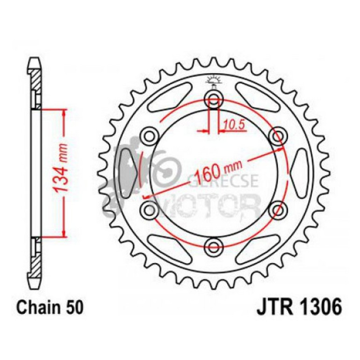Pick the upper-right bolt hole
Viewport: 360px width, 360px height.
[x=279, y=136]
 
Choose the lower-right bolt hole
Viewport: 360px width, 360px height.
[x=279, y=209]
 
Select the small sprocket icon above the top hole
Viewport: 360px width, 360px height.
[x=215, y=80]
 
